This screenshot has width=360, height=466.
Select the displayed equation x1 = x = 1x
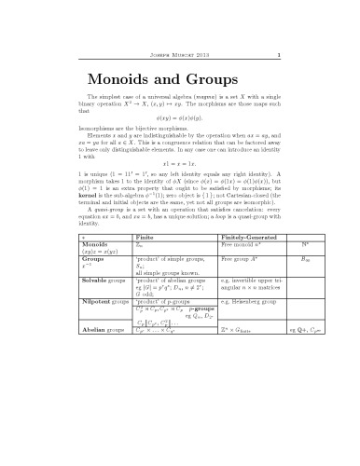[x=180, y=189]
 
